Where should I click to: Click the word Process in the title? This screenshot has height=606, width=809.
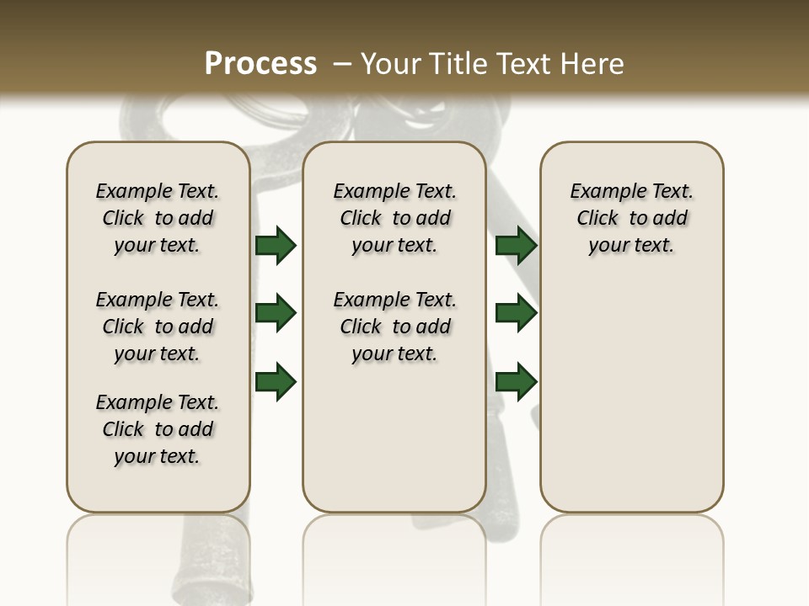coord(260,64)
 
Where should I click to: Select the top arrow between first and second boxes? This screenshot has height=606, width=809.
coord(276,245)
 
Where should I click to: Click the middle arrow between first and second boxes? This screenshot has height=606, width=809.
coord(276,313)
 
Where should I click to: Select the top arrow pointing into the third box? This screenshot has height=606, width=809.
coord(516,245)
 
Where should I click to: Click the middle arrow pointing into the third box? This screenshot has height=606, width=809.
coord(516,313)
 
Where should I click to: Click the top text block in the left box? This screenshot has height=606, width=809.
coord(158,218)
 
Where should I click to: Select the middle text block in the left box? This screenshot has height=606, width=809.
coord(158,327)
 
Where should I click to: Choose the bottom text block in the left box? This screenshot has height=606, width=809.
coord(158,429)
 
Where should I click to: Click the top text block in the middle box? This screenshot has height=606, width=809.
coord(394,218)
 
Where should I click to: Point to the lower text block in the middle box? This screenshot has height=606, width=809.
coord(394,327)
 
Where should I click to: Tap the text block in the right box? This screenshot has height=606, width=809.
coord(631,218)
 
